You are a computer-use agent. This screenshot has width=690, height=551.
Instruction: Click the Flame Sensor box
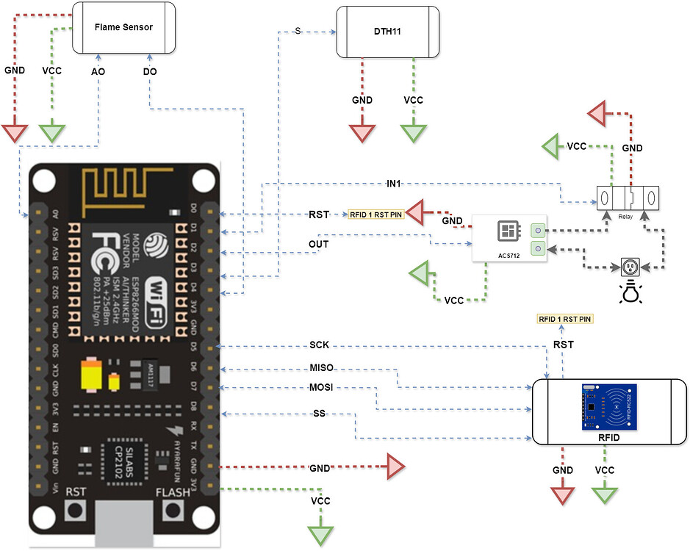[123, 27]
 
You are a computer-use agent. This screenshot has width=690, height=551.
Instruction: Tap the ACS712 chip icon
[508, 231]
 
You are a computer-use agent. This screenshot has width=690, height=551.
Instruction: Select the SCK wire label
[319, 345]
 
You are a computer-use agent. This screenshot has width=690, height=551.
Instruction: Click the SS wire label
[319, 414]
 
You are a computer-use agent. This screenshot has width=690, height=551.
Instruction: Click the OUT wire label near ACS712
[318, 242]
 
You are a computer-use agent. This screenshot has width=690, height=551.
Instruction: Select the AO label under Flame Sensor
[98, 72]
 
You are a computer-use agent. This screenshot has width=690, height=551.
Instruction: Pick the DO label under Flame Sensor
[149, 72]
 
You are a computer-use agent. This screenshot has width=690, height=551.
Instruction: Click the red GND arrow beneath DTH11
[362, 132]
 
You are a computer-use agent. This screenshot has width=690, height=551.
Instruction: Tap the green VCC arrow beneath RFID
[605, 494]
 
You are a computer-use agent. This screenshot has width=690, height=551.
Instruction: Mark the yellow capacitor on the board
[93, 375]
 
